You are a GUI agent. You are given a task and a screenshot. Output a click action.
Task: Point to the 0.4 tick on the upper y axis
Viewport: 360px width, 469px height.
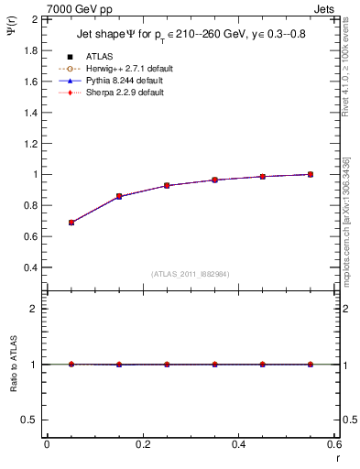pos(31,267)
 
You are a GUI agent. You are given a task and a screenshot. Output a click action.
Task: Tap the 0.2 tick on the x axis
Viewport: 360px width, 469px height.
pos(143,444)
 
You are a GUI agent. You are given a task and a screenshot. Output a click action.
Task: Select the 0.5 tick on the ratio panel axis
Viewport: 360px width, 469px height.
pos(31,420)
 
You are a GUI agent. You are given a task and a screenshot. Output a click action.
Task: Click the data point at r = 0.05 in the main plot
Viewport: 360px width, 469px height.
pos(71,223)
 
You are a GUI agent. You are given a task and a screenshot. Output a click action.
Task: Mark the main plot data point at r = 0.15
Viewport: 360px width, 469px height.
pos(119,196)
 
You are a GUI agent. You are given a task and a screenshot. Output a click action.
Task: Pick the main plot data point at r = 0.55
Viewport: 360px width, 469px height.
pos(311,174)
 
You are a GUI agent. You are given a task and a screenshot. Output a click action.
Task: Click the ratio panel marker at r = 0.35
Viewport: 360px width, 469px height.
pos(215,364)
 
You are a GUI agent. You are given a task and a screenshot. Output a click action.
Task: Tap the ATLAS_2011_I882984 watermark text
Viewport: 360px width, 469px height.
pos(191,274)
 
